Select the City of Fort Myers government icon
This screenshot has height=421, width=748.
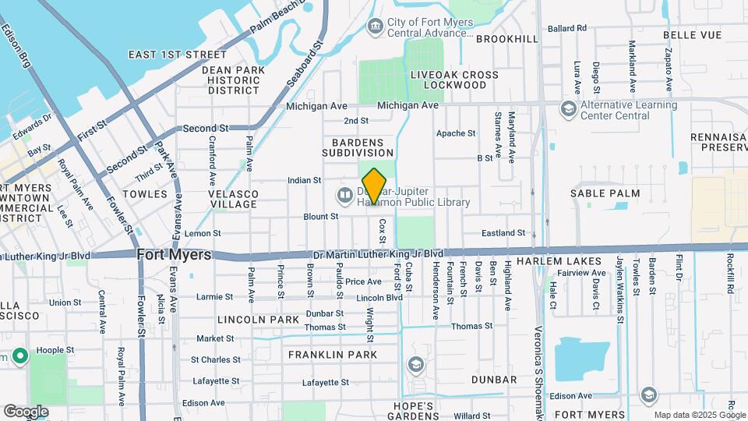376,27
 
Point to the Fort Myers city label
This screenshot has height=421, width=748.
174,255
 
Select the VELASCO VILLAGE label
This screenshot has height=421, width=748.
233,199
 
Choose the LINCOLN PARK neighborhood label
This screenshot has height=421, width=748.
259,320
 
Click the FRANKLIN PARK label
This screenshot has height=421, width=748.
333,355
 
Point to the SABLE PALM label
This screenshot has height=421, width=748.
605,193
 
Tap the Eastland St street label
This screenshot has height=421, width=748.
503,233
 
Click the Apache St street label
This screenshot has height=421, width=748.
456,133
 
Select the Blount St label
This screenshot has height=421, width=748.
321,216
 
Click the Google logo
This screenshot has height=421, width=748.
26,411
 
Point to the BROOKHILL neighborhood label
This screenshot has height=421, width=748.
507,38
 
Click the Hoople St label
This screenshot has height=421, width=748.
58,351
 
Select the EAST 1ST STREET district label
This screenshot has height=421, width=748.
177,55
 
